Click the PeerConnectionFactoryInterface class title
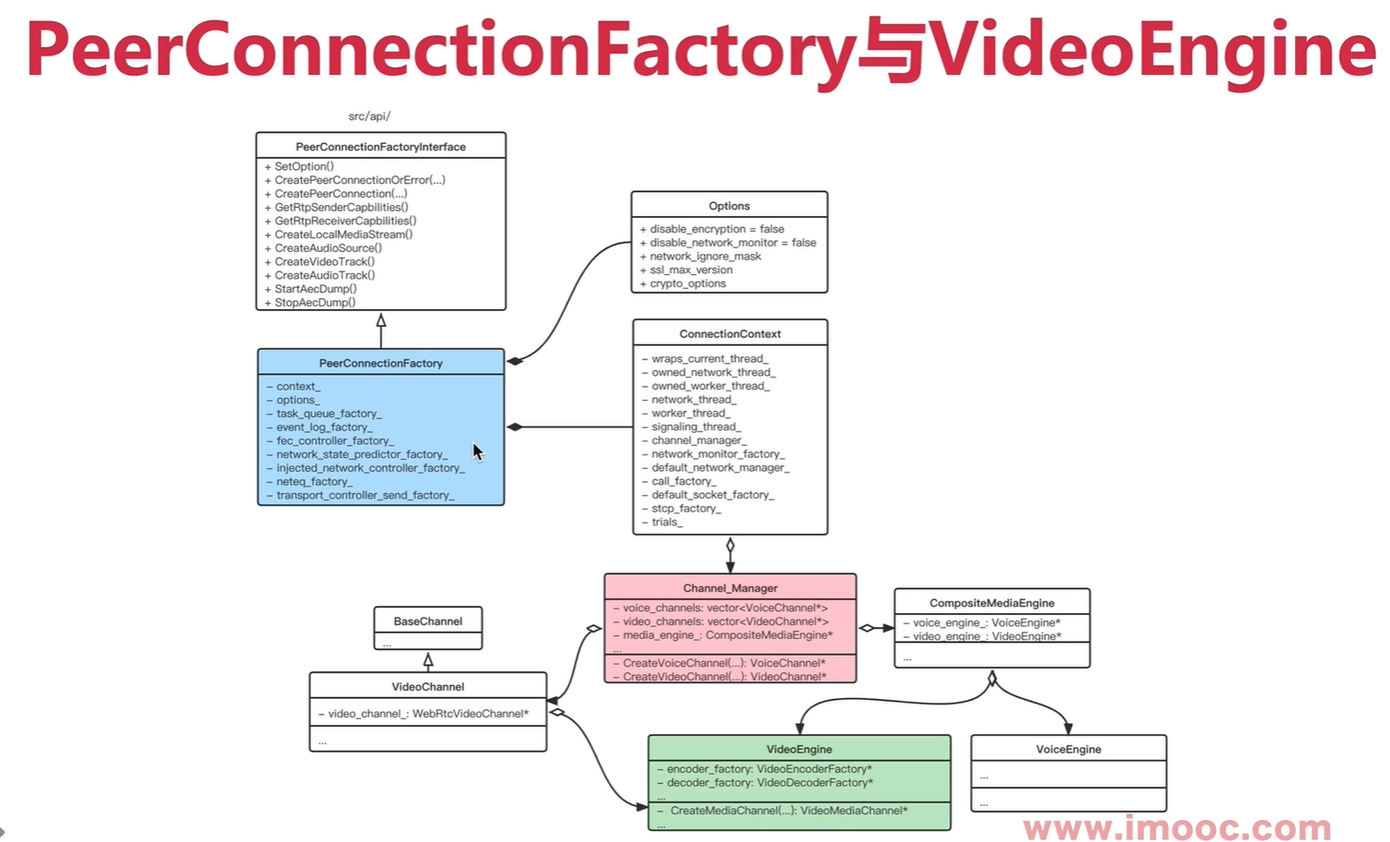click(x=380, y=147)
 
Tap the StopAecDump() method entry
click(x=314, y=303)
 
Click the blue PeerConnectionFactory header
click(x=380, y=363)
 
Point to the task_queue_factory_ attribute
click(x=329, y=414)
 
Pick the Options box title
click(x=729, y=206)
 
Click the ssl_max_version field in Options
click(x=690, y=270)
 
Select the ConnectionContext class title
click(x=730, y=334)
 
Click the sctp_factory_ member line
click(x=686, y=509)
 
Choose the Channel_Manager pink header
click(x=730, y=588)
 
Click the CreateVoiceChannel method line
click(x=724, y=663)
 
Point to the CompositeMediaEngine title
click(x=992, y=603)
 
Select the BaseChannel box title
click(x=427, y=621)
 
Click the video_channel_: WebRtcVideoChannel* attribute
click(x=428, y=714)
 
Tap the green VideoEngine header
click(x=799, y=750)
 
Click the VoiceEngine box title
click(x=1069, y=750)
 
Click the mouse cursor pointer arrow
click(x=477, y=451)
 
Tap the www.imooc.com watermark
click(x=1177, y=827)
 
